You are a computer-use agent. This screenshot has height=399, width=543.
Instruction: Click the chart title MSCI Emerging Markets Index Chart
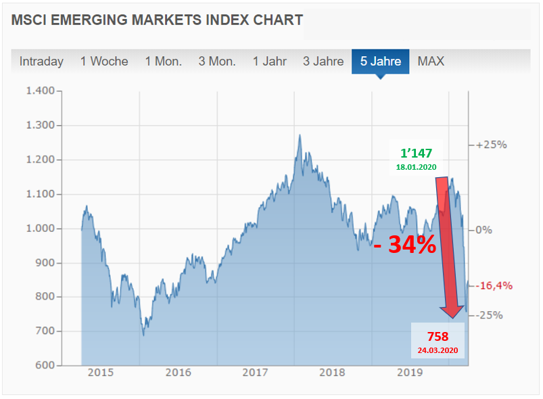[x=157, y=20]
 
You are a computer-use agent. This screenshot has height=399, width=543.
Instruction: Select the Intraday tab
[x=41, y=61]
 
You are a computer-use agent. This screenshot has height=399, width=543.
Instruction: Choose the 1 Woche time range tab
[x=104, y=61]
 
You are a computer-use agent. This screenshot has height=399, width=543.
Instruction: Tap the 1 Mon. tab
[x=163, y=61]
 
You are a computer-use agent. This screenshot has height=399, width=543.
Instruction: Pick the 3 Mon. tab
[x=217, y=61]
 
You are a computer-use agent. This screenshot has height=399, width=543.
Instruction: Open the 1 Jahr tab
[x=270, y=61]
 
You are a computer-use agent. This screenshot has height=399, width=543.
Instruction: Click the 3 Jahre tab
[x=323, y=61]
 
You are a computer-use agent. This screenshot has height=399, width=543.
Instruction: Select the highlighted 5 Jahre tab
[x=381, y=61]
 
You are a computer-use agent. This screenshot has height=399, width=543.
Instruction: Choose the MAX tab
[x=431, y=61]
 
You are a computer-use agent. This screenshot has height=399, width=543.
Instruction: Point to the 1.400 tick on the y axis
[x=39, y=91]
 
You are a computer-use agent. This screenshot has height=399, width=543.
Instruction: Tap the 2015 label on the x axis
[x=101, y=372]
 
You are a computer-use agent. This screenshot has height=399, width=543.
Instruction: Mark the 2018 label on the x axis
[x=333, y=372]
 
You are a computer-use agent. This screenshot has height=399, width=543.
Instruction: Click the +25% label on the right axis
[x=492, y=145]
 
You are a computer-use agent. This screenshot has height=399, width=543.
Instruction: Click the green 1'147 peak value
[x=415, y=154]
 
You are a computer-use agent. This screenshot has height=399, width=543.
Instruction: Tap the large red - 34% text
[x=404, y=245]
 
